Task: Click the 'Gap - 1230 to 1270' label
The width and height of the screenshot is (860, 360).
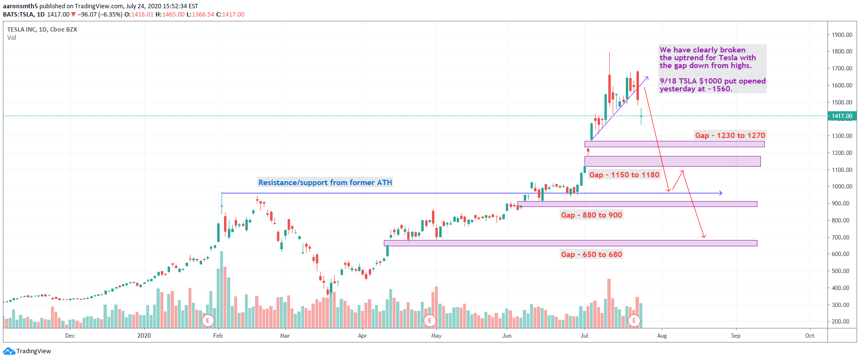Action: [x=730, y=136]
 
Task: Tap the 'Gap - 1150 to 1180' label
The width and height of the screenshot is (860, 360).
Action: [x=624, y=175]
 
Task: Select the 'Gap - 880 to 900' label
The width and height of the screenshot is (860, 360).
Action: [x=591, y=215]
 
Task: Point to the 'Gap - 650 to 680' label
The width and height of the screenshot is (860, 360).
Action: [x=591, y=255]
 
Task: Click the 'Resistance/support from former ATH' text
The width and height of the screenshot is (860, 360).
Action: [x=325, y=183]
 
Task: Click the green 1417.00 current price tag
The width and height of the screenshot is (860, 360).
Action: [x=842, y=116]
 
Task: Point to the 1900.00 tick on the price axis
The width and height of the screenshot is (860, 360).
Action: [x=842, y=35]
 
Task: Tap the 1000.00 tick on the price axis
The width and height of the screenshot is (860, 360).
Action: [x=842, y=187]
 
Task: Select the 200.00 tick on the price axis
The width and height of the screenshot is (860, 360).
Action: [x=842, y=322]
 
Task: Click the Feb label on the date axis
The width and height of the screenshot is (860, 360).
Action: [x=218, y=336]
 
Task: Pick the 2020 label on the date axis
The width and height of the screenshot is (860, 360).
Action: [x=144, y=336]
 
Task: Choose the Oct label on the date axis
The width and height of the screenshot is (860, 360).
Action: [x=809, y=336]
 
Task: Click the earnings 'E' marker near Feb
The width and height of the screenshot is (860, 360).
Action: [x=208, y=321]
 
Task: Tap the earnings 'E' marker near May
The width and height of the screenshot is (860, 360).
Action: [x=430, y=321]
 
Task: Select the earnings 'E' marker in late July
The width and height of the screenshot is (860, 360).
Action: [x=634, y=321]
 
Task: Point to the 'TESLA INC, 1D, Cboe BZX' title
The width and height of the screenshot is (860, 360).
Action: [x=42, y=30]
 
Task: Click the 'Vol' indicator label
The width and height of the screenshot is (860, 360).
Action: [x=12, y=38]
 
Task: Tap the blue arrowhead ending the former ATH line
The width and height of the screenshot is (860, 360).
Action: [x=721, y=193]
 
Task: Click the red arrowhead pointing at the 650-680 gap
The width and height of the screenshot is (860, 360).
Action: [x=704, y=236]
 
